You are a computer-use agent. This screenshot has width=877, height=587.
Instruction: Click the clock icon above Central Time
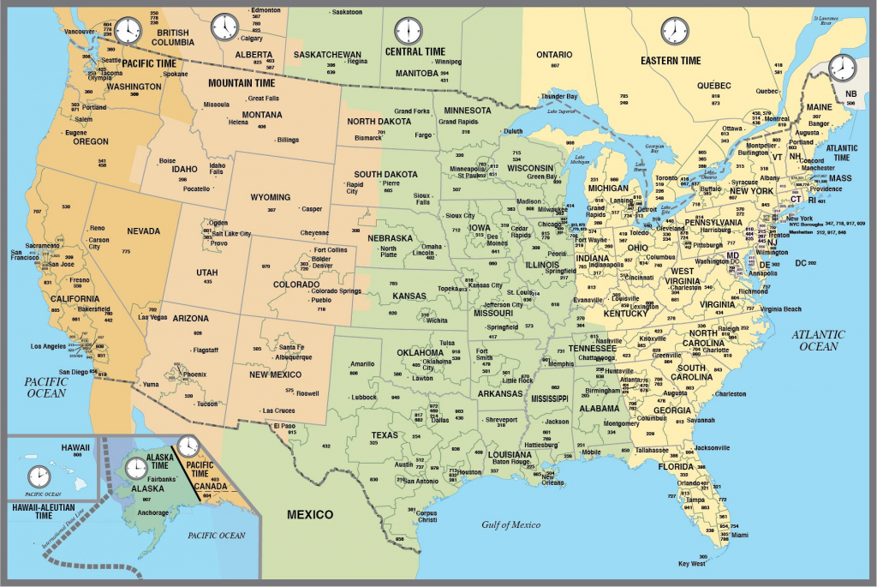point(409,31)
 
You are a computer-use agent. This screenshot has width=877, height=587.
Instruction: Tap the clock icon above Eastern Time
point(674,31)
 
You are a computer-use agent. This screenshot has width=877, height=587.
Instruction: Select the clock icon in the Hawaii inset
point(39,476)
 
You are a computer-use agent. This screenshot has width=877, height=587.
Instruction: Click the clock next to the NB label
point(842,68)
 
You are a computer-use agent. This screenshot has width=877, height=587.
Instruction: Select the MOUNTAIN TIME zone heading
point(242,83)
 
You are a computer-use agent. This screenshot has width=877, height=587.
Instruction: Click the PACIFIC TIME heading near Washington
point(149,63)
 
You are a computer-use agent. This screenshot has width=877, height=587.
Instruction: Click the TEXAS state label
point(385,434)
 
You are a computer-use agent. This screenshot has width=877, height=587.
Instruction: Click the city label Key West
point(691,563)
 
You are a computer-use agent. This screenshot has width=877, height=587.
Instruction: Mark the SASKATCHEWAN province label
point(327,54)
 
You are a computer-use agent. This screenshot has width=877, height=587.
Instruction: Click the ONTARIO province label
point(554,55)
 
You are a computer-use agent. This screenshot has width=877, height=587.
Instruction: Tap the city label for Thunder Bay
point(560,96)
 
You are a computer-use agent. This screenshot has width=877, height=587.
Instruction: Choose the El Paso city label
point(285,425)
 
